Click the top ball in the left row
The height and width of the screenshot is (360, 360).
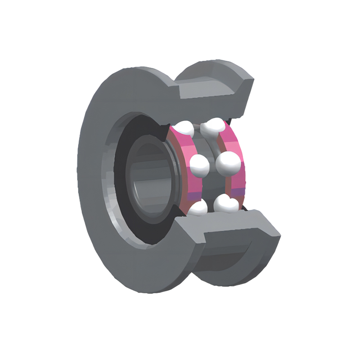pyautogui.click(x=184, y=129)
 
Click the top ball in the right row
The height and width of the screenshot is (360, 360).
pyautogui.click(x=213, y=126)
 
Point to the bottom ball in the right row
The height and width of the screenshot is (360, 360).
pyautogui.click(x=225, y=204)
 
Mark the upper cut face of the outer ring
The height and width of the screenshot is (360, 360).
pyautogui.click(x=211, y=90)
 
